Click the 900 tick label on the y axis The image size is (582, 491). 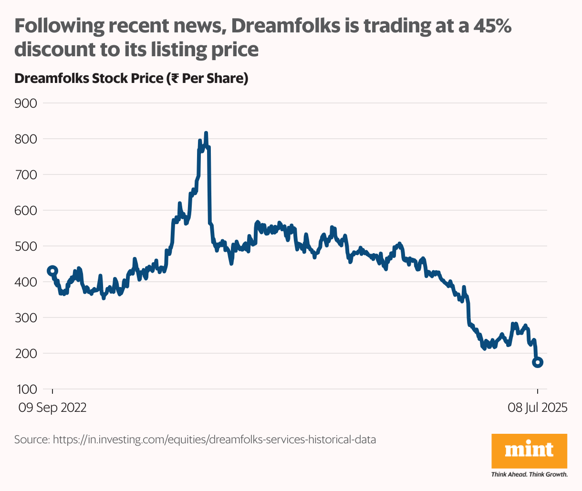pos(26,103)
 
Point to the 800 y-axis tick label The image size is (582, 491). pos(26,139)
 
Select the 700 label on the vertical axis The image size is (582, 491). pos(26,174)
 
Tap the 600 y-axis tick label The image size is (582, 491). pos(26,210)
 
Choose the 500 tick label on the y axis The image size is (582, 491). pos(26,246)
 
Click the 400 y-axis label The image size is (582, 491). pos(26,282)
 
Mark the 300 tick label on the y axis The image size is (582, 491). pos(26,317)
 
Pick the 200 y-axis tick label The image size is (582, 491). pos(26,353)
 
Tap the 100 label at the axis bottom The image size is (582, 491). pos(26,389)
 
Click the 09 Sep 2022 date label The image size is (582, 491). pos(52,408)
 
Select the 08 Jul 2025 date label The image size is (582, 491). pos(537,408)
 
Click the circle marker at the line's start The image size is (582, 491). pos(52,271)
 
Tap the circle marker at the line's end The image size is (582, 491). pos(538,362)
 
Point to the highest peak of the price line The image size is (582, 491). pos(206,133)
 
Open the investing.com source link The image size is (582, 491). pos(214,439)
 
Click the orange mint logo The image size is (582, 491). pos(529,450)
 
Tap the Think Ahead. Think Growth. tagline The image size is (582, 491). pos(529,475)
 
